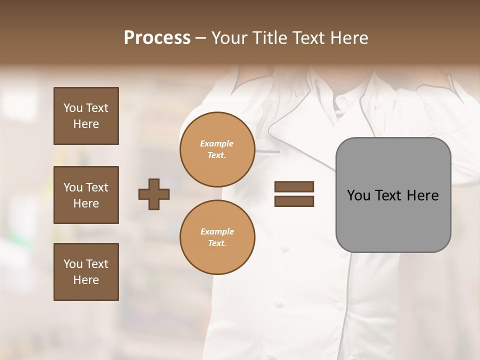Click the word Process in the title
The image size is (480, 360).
(157, 38)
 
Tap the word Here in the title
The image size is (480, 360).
(348, 38)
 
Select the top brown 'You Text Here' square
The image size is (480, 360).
(86, 116)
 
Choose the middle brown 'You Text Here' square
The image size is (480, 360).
(86, 195)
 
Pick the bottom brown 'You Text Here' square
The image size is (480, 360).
(86, 272)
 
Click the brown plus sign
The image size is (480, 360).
(154, 194)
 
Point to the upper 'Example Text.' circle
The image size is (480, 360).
(217, 149)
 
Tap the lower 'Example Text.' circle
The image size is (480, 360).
(217, 237)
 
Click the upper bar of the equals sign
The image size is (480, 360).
(294, 187)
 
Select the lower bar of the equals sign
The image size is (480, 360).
(294, 201)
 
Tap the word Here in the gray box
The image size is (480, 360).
(422, 195)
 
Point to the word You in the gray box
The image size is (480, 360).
(358, 195)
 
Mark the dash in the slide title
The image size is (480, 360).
(201, 38)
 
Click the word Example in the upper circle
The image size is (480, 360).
(217, 143)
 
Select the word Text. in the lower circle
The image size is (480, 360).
(217, 243)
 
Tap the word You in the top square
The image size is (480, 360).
(73, 108)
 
